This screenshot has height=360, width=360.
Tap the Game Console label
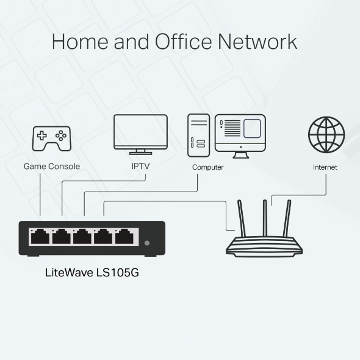51,166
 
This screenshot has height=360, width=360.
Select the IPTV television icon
140,134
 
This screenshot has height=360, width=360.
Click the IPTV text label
140,166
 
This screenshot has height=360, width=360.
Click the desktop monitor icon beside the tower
240,132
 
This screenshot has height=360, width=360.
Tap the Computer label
207,167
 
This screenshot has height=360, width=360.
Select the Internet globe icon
326,135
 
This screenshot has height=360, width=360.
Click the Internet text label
325,167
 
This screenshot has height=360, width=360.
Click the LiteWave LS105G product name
92,273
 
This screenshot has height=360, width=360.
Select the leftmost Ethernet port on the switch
40,235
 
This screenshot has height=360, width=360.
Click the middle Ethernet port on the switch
82,235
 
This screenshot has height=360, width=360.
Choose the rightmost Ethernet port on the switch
124,235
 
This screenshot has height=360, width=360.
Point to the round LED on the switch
147,243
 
